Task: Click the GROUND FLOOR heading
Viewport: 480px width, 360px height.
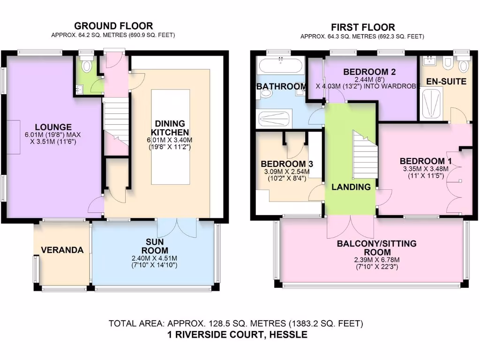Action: (x=113, y=26)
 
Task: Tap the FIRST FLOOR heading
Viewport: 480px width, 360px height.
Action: (x=362, y=27)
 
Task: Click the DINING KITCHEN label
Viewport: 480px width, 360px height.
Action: (x=169, y=128)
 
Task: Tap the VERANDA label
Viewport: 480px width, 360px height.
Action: (x=62, y=250)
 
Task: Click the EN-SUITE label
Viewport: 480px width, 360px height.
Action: (x=446, y=82)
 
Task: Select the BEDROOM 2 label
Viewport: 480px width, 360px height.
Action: (x=369, y=72)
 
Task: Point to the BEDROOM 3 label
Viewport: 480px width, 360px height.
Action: (x=287, y=164)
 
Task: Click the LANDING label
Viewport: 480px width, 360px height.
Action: (x=351, y=187)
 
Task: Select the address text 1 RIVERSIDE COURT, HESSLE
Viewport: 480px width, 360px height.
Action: (x=237, y=335)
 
